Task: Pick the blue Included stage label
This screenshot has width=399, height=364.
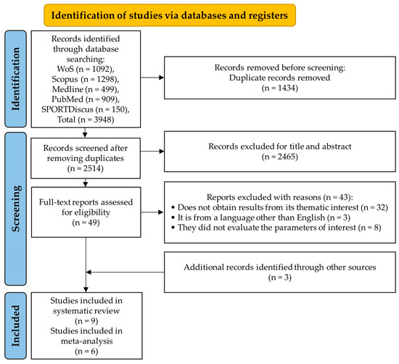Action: [17, 320]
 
